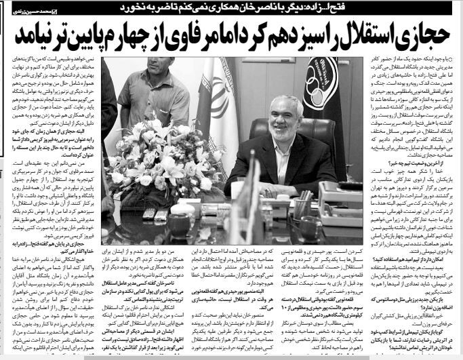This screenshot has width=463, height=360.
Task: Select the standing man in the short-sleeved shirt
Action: click(x=159, y=88)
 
